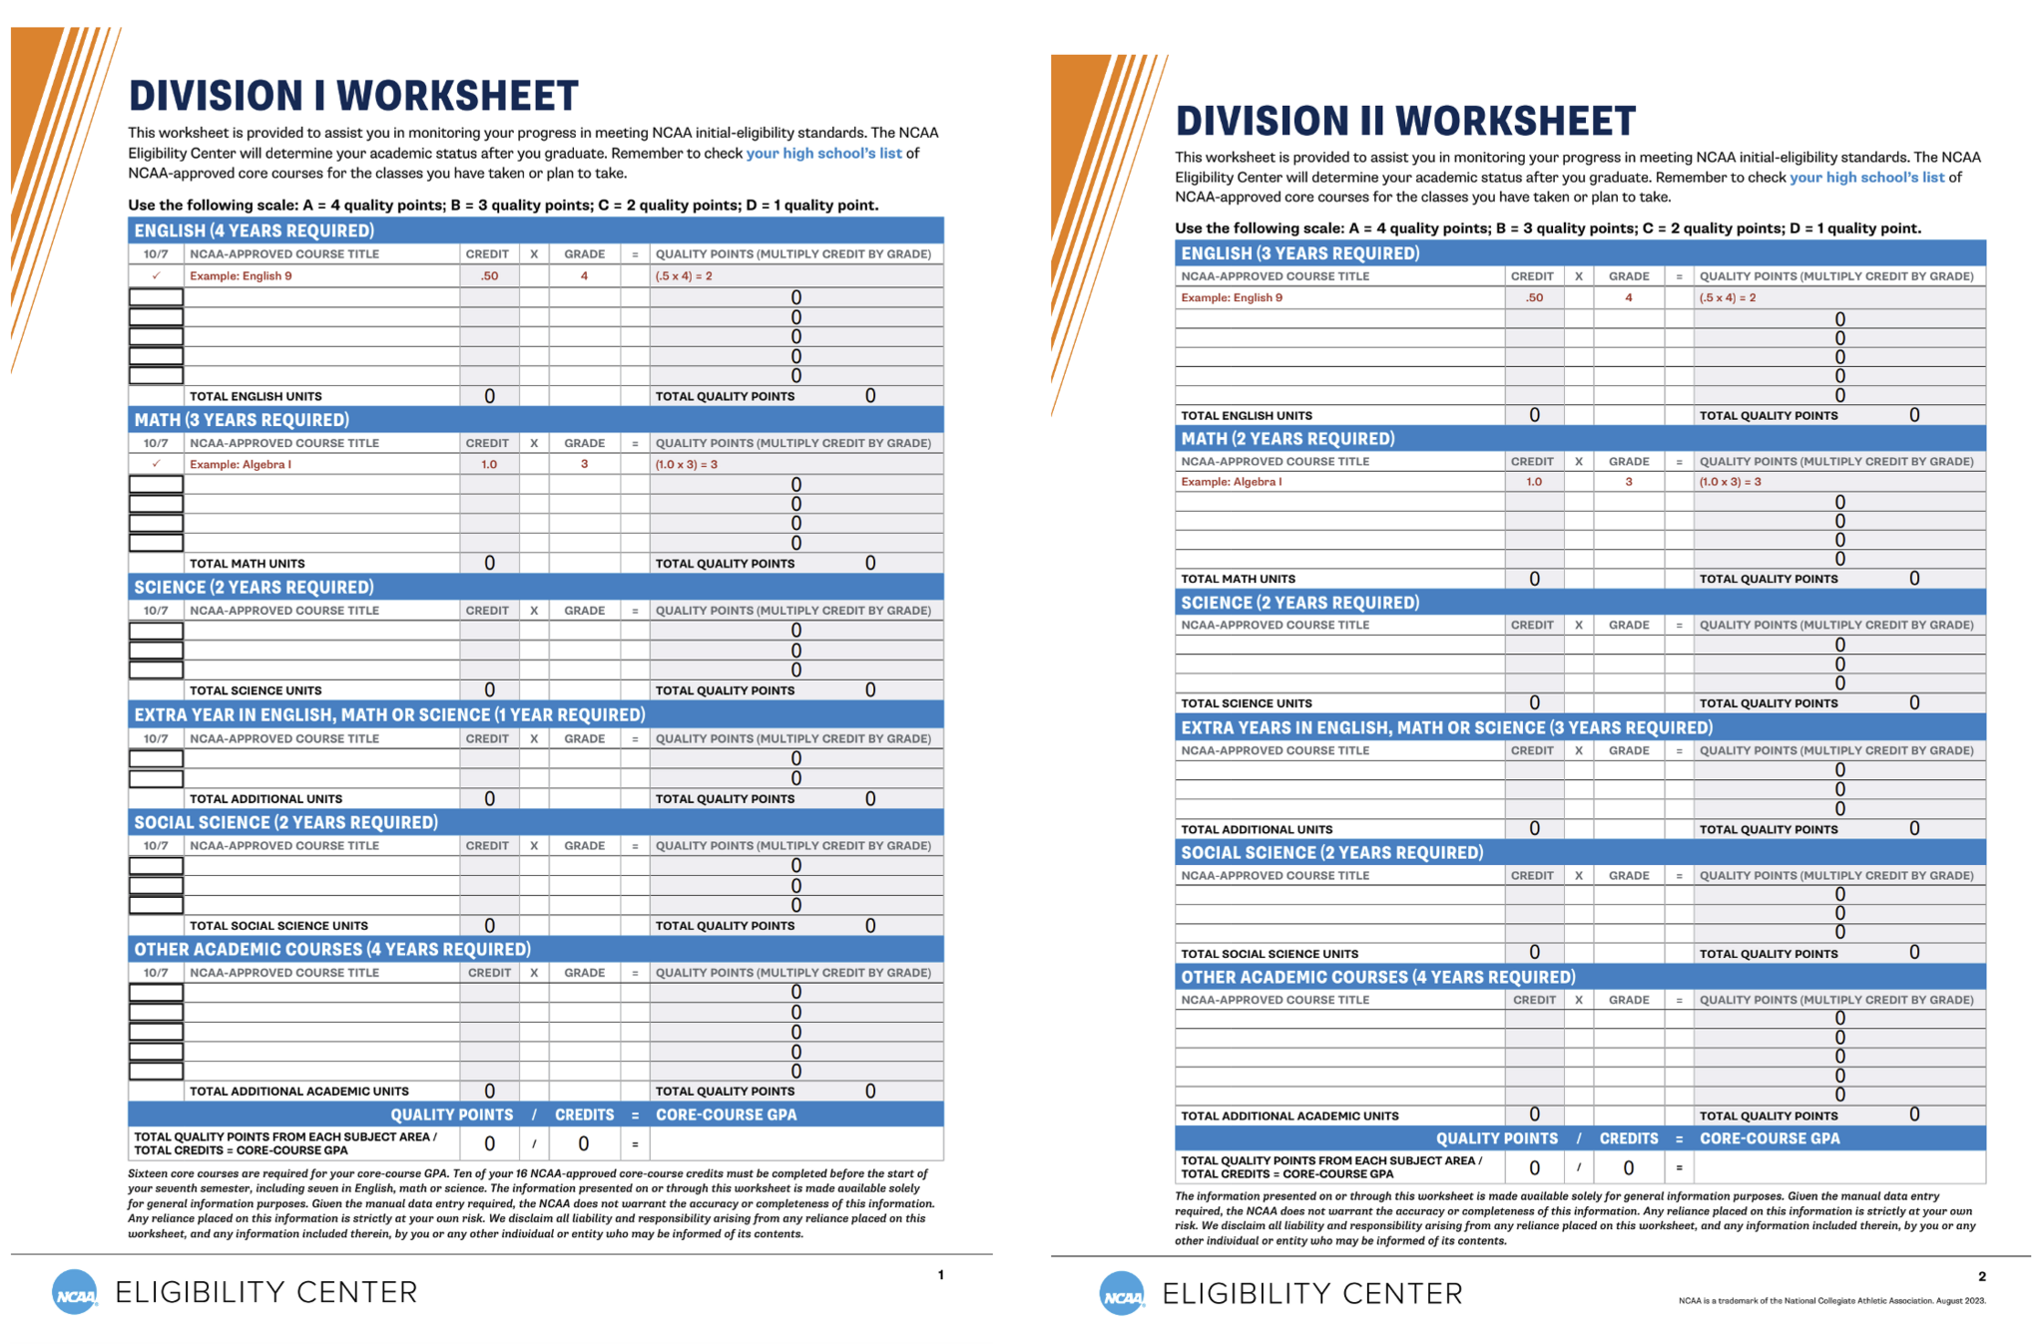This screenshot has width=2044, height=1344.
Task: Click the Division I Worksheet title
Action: (x=353, y=96)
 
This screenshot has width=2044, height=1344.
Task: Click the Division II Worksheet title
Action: (x=1404, y=121)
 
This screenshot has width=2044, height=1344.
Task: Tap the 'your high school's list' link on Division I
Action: (x=823, y=153)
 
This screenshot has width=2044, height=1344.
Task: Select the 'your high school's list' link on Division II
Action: (x=1866, y=177)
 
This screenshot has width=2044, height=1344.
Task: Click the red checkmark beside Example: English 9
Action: (x=156, y=275)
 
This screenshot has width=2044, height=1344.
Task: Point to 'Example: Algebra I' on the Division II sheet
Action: (x=1231, y=481)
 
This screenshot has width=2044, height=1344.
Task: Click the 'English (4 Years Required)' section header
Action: (x=255, y=230)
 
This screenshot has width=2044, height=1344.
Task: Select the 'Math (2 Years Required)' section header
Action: (x=1287, y=438)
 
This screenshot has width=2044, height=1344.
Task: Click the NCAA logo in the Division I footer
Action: (x=75, y=1293)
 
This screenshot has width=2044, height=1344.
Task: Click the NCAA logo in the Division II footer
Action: (x=1122, y=1294)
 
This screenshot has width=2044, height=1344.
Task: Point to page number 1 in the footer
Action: (x=940, y=1274)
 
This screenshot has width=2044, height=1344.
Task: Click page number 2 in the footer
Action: (x=1981, y=1276)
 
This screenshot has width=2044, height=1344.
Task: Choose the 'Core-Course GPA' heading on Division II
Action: (x=1769, y=1138)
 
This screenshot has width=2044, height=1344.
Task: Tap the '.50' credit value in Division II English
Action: (x=1534, y=297)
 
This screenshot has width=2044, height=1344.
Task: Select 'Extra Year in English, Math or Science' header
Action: (x=389, y=714)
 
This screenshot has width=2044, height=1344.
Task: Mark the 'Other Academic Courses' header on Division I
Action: (x=332, y=949)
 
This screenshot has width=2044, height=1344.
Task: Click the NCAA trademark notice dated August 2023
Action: (x=1831, y=1300)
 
